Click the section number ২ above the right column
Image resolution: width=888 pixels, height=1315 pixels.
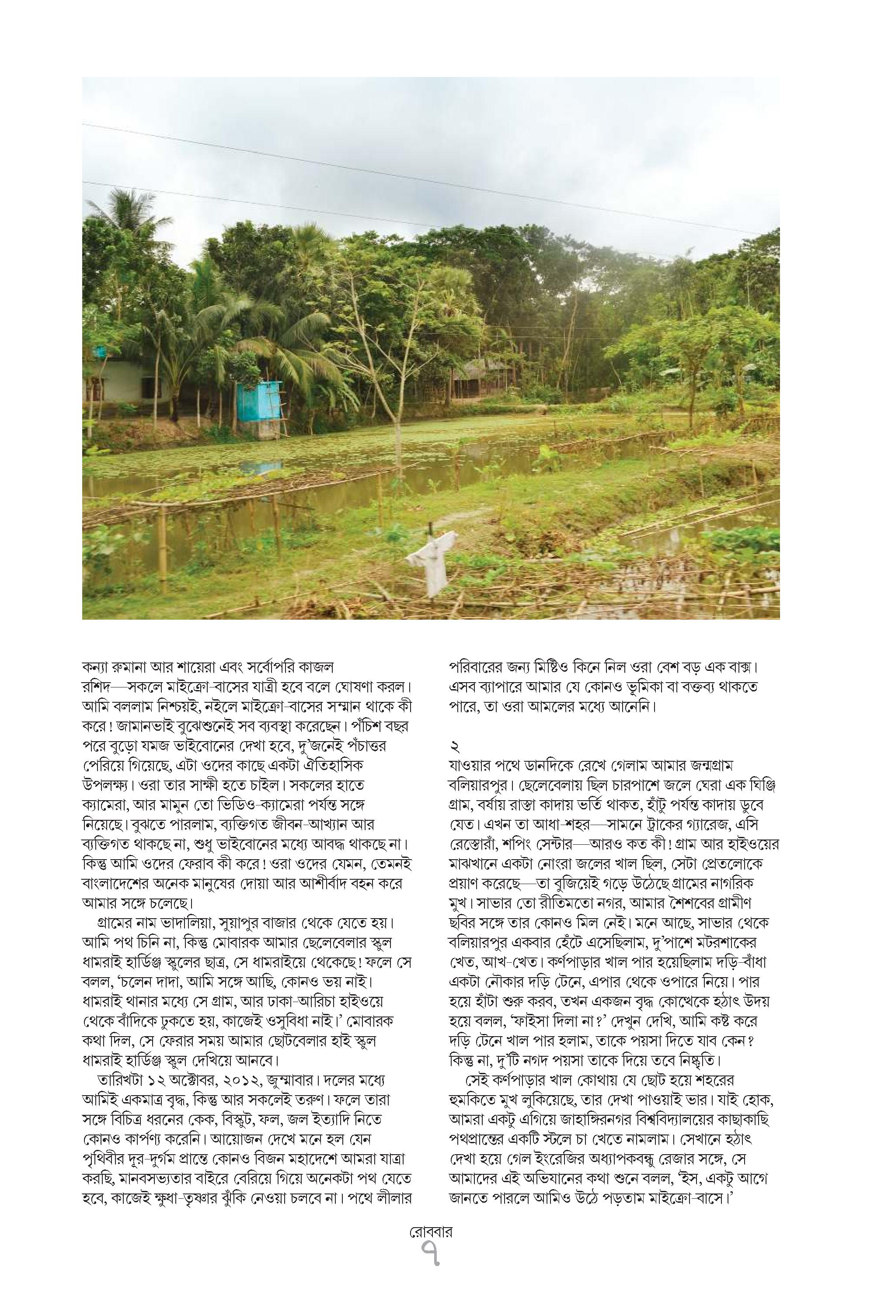coord(454,749)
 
